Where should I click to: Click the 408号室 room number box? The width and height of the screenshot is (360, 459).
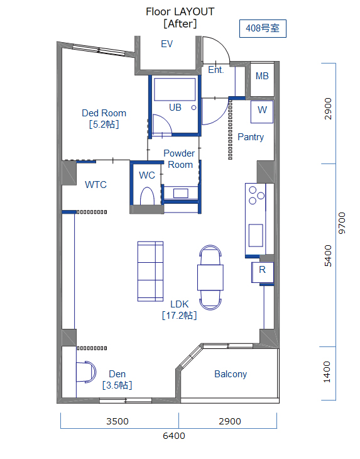coord(263,28)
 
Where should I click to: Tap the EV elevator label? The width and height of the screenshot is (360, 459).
coord(166,44)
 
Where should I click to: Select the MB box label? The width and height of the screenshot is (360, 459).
coord(262,76)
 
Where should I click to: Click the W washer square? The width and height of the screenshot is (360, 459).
coord(262,111)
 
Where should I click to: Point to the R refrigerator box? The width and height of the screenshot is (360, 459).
coord(263,272)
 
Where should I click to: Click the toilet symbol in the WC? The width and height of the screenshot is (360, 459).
coord(147,196)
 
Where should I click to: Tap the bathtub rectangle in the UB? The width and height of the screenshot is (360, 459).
coord(175,89)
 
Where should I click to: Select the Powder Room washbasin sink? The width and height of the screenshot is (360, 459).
coord(180,193)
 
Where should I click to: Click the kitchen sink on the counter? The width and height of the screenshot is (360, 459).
coord(256,235)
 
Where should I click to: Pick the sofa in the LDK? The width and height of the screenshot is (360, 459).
coord(150,271)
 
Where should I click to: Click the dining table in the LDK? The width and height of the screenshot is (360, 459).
coord(210,277)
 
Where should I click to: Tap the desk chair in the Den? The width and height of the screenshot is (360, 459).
coord(86,372)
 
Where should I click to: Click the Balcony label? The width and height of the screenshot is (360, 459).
coord(231,374)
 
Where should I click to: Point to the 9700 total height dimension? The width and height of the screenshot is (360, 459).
coord(342,223)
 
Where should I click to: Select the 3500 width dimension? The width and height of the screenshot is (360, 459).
coord(117,421)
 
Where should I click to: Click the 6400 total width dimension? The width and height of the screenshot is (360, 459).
coord(173,436)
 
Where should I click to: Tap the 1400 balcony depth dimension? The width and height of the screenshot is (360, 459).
coord(327,372)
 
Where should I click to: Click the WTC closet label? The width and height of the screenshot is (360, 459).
coord(95,185)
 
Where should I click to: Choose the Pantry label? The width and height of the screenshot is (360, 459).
coord(251,137)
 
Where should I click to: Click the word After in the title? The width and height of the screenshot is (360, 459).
coord(180,24)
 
